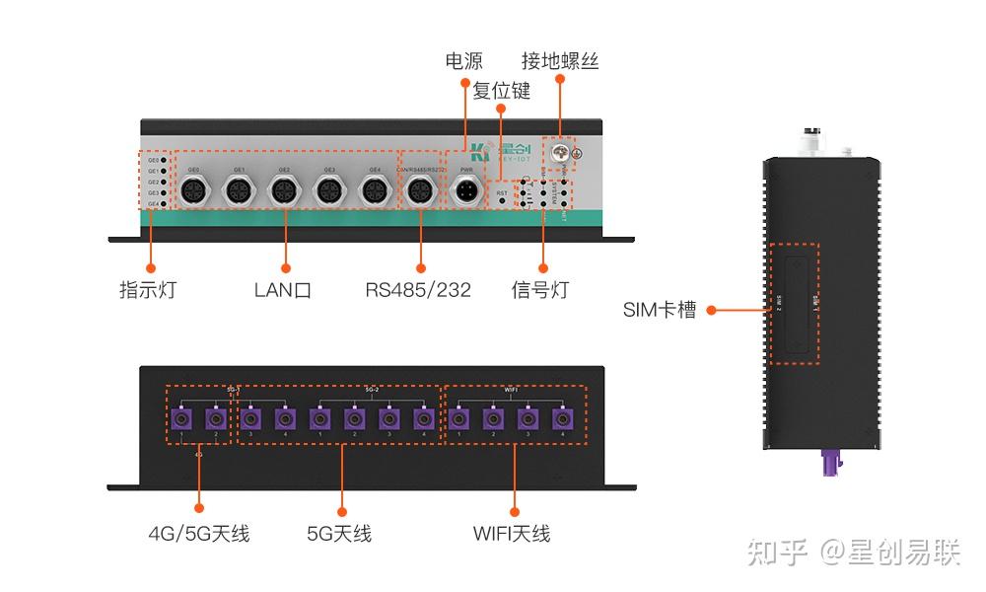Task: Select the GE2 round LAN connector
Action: (284, 191)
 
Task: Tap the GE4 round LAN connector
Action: (374, 191)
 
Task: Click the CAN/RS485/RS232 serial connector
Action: (421, 191)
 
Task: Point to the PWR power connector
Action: (467, 191)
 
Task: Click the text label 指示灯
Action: (147, 290)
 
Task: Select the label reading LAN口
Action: (283, 290)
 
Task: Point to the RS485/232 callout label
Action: (418, 290)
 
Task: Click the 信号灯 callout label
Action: (540, 290)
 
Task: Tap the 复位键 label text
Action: (502, 91)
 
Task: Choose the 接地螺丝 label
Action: (560, 61)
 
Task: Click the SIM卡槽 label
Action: (660, 310)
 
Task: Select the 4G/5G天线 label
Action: (199, 534)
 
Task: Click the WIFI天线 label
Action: (512, 534)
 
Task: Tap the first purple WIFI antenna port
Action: (459, 418)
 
